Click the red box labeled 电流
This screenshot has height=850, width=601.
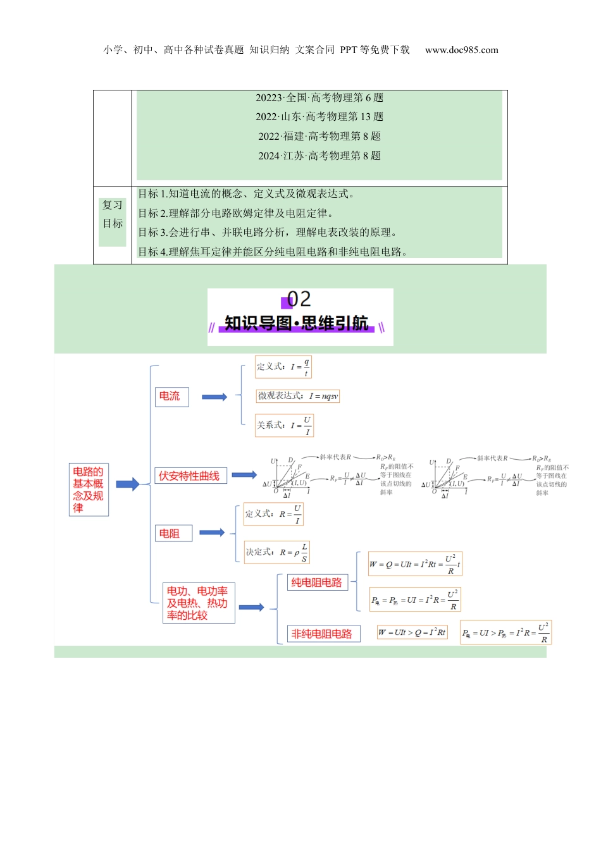click(171, 397)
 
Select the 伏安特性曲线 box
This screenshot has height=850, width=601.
click(190, 476)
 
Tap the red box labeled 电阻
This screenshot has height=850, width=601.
click(173, 533)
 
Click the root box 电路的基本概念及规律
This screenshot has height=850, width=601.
click(89, 490)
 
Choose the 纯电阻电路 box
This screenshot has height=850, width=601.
click(316, 582)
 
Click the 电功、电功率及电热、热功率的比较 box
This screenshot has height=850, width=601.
click(199, 603)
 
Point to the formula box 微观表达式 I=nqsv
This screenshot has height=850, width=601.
click(297, 396)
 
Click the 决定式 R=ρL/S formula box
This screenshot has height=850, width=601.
click(277, 552)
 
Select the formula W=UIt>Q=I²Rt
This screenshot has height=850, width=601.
click(412, 632)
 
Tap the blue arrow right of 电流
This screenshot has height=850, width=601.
click(214, 397)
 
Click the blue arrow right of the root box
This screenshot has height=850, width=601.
click(127, 484)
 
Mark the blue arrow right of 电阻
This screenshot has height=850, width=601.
click(212, 533)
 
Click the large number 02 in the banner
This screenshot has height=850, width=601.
click(299, 299)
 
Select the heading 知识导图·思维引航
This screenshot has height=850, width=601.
click(297, 323)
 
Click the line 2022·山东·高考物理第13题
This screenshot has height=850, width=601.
click(319, 116)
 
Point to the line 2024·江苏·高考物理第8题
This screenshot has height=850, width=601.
click(319, 156)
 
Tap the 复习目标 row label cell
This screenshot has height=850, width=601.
click(113, 214)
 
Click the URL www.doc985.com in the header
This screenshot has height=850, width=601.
click(461, 50)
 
